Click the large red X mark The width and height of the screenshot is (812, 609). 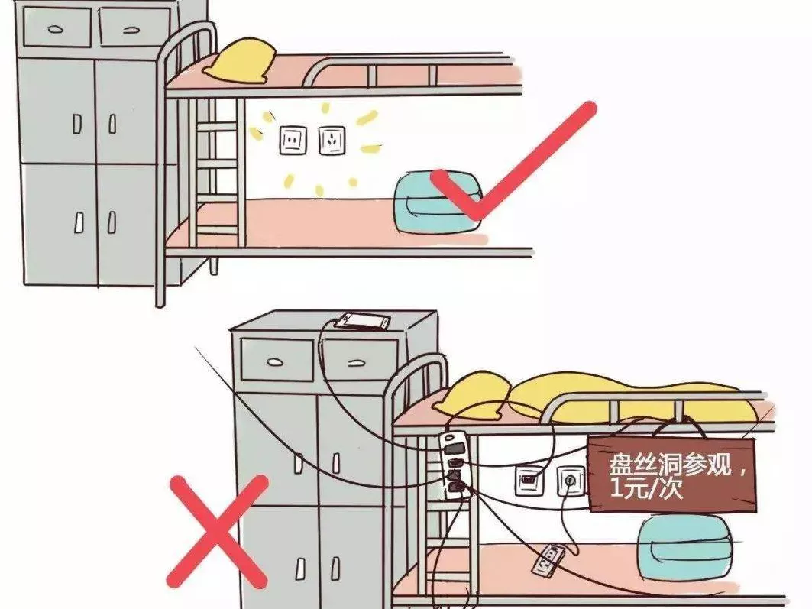tap(217, 532)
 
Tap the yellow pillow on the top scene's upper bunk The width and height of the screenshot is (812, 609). tap(239, 61)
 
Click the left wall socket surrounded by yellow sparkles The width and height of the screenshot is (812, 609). tap(293, 140)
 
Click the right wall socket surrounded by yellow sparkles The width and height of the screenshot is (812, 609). tap(332, 141)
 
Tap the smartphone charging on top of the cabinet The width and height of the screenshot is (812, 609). tap(362, 321)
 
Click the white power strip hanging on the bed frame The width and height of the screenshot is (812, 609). tap(455, 465)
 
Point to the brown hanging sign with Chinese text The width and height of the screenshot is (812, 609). tap(671, 475)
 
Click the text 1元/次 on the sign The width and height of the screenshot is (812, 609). tap(646, 489)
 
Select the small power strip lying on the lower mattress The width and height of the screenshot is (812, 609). tap(548, 560)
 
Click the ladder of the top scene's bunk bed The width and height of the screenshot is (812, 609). tap(217, 171)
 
